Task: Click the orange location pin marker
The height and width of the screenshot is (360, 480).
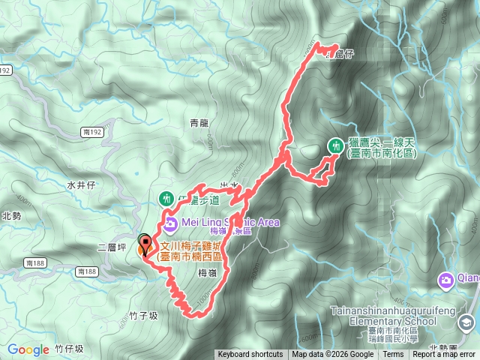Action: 145,244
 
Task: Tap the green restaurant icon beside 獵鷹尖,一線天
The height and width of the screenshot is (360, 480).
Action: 334,145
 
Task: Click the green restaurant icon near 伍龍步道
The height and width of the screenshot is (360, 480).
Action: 166,199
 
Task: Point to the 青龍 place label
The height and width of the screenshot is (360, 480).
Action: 199,122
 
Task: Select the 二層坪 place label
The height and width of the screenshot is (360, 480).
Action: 110,247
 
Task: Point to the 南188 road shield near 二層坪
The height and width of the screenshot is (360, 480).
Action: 35,262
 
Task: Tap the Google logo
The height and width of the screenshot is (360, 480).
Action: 28,349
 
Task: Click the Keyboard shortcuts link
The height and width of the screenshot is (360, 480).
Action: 250,355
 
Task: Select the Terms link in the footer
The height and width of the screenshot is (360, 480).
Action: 393,355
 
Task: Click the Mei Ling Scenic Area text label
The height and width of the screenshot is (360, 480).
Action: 229,222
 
